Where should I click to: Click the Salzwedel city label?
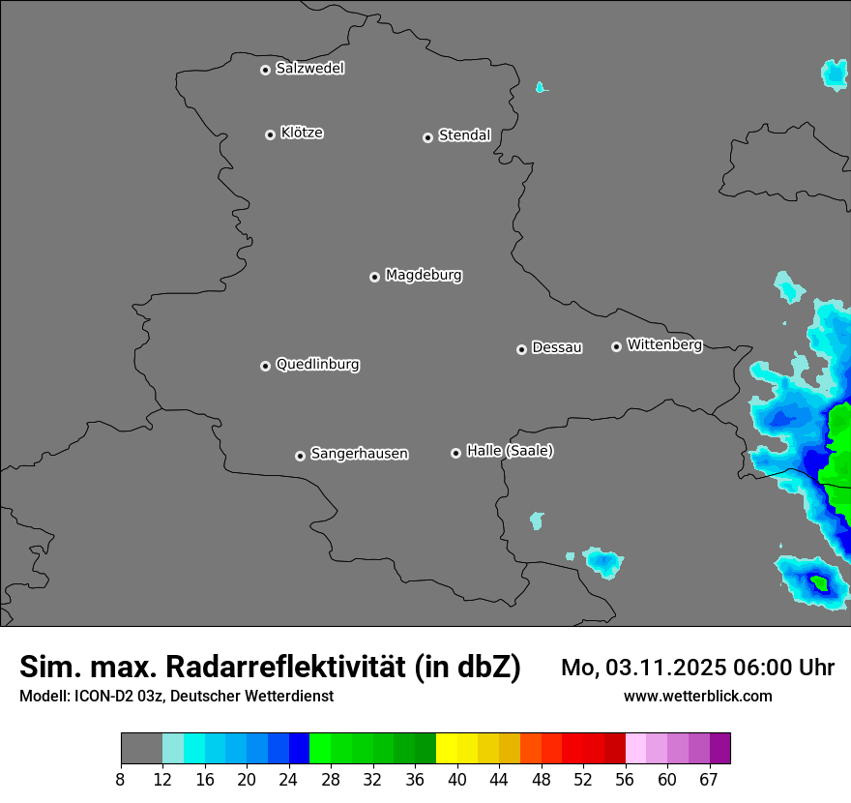(x=309, y=69)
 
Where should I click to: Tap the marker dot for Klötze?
(x=270, y=134)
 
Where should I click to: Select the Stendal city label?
(x=464, y=135)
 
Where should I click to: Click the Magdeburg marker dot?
(x=374, y=277)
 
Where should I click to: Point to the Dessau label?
(x=557, y=347)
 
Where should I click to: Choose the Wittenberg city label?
(x=664, y=344)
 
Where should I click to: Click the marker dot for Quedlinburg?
(x=265, y=366)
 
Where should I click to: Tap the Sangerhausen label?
(x=359, y=454)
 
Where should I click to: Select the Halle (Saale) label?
(x=510, y=451)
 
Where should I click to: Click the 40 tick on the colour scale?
(x=457, y=779)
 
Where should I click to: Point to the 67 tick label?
(x=709, y=779)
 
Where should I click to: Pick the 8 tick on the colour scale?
(x=121, y=779)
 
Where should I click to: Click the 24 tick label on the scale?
(x=289, y=779)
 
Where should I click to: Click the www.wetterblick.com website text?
(x=697, y=696)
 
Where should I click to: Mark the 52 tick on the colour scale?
(x=583, y=779)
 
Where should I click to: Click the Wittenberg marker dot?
(x=616, y=346)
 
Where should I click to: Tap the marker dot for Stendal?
(x=427, y=137)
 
